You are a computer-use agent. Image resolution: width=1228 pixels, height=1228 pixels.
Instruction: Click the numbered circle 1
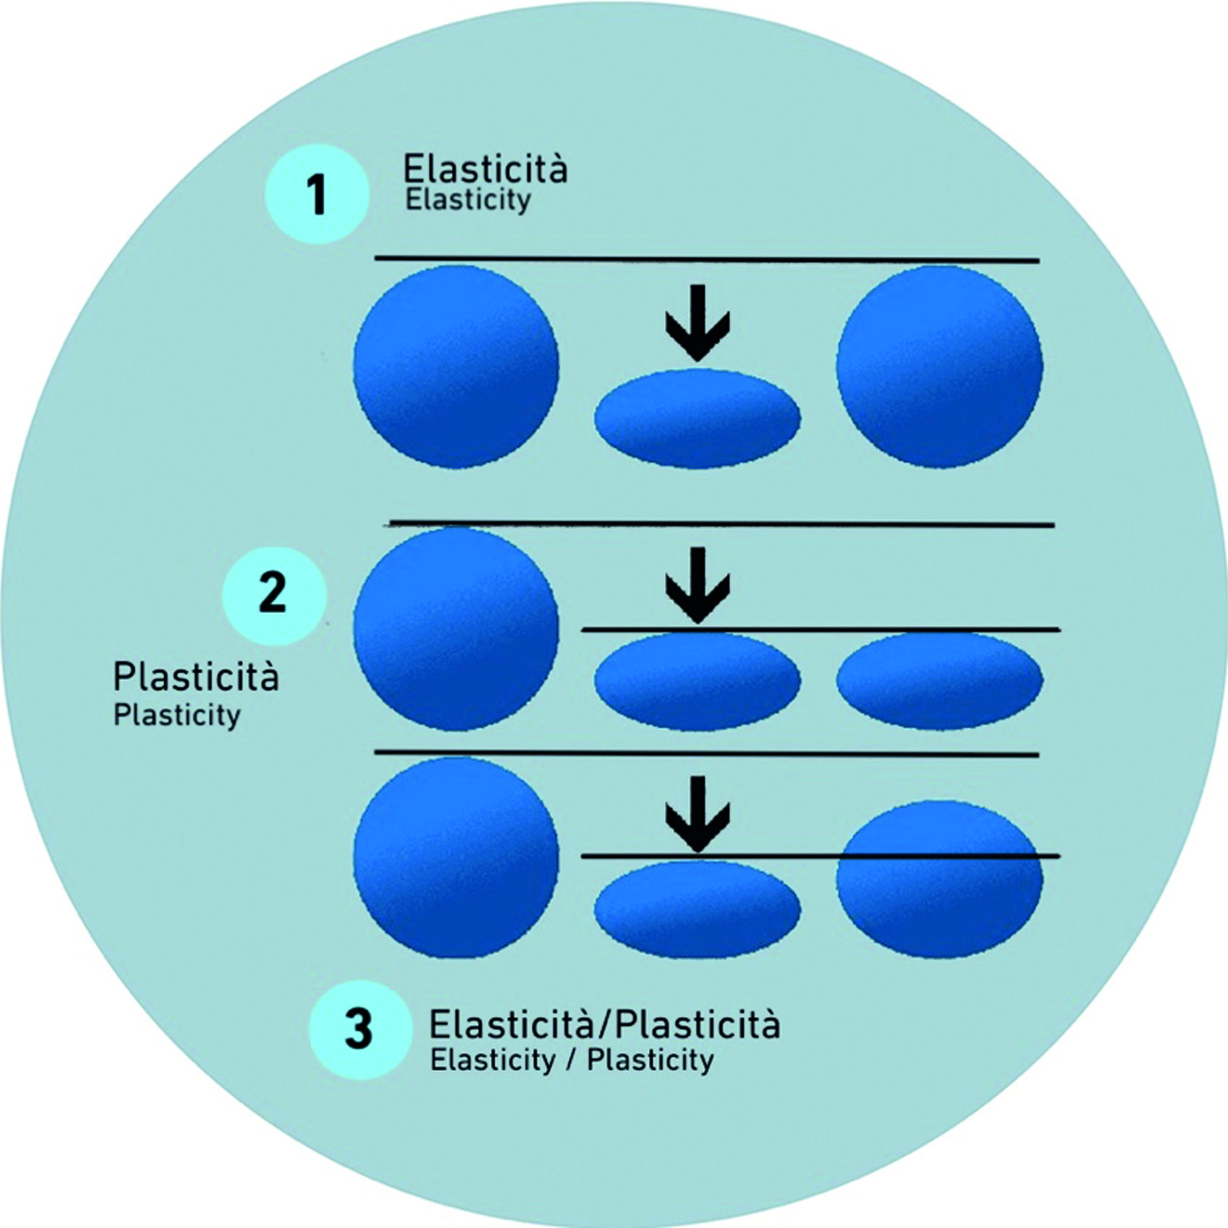coord(317,193)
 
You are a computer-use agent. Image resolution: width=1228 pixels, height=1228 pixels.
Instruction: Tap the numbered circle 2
coord(274,593)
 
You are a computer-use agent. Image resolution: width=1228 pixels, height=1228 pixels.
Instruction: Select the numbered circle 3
coord(359,1028)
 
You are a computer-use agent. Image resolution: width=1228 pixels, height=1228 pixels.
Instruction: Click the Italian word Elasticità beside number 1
coord(485,170)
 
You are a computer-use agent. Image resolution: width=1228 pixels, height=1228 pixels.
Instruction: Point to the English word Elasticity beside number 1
coord(468,200)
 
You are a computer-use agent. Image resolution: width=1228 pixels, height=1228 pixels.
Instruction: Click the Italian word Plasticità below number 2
coord(196,677)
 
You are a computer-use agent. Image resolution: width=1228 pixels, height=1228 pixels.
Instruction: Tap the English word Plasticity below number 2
coord(177,715)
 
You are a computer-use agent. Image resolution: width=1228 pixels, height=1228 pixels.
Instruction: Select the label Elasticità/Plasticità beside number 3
coord(604,1024)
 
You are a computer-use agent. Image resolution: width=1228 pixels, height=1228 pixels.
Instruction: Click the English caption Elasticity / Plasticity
coord(572,1061)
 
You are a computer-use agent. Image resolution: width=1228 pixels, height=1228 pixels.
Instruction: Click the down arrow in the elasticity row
coord(697,322)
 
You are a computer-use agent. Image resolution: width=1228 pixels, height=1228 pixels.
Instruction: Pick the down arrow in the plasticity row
coord(697,585)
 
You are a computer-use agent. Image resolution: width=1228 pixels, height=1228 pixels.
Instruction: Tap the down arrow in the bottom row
coord(697,814)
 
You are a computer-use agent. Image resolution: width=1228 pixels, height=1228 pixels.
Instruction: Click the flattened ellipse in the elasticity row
coord(697,419)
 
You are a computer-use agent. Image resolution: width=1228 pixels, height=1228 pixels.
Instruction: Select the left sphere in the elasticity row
coord(456,366)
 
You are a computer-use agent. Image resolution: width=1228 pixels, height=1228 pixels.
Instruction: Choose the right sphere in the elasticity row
coord(940,366)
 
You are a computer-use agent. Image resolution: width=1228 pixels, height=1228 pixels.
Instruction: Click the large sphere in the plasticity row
coord(456,629)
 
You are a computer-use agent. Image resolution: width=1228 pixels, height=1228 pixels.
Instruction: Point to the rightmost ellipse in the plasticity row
coord(940,679)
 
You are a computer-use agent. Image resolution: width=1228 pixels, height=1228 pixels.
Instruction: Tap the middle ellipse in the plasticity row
coord(697,681)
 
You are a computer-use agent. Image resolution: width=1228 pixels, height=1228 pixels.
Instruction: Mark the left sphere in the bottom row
coord(456,858)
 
